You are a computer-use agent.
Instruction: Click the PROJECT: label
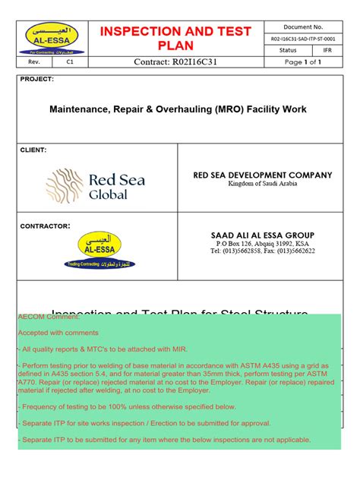tap(36, 79)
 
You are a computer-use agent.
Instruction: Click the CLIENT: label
tap(34, 150)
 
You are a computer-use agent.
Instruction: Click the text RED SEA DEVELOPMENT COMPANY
tap(263, 175)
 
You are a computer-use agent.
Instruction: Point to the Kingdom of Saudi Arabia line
tap(262, 185)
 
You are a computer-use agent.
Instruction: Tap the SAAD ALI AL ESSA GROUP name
tap(262, 235)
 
